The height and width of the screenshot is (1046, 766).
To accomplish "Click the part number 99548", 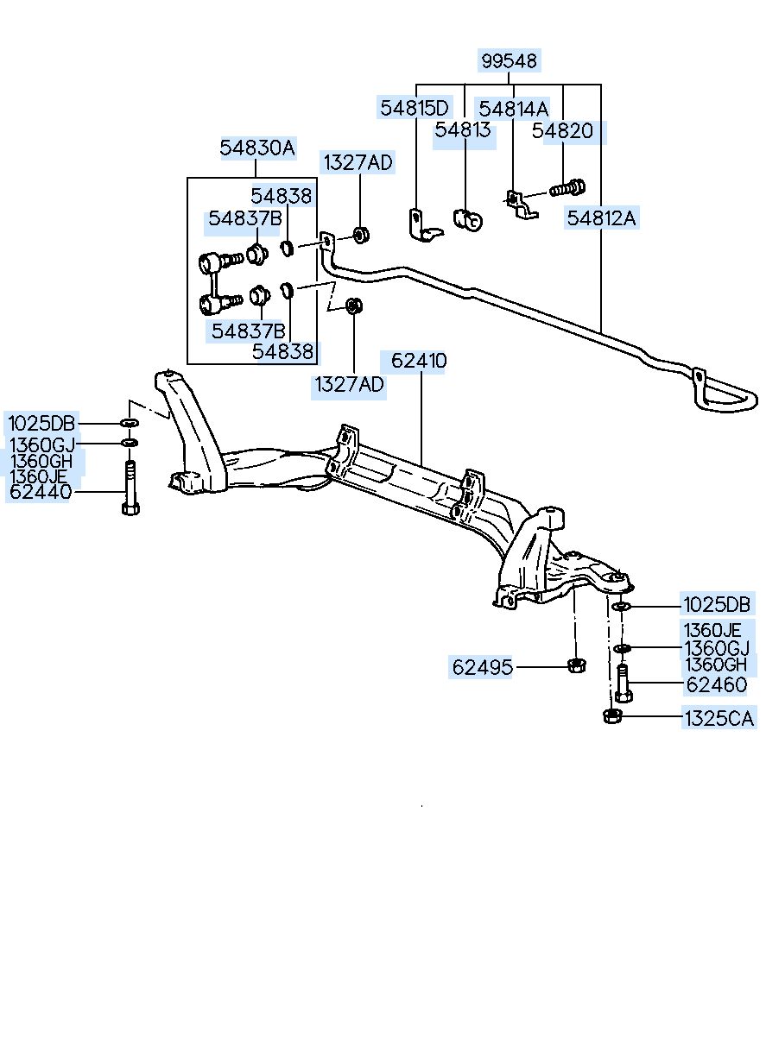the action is click(509, 60).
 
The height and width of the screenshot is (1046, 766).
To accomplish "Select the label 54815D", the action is click(414, 108).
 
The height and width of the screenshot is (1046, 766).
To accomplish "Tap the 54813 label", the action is click(463, 129).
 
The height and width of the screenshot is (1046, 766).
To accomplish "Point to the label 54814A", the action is click(513, 109).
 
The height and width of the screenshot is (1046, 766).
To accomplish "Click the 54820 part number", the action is click(562, 131).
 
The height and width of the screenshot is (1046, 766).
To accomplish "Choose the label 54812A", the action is click(602, 218).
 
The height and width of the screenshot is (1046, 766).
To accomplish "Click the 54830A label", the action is click(257, 148).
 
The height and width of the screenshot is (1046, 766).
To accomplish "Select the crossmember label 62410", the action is click(419, 361).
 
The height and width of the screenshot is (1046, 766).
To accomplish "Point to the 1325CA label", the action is click(719, 719).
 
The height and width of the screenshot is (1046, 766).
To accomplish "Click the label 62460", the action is click(717, 685).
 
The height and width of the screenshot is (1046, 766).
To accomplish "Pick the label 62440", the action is click(41, 492).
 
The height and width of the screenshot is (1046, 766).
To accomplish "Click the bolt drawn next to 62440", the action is click(130, 487).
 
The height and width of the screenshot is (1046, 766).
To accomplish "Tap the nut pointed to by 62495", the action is click(576, 665).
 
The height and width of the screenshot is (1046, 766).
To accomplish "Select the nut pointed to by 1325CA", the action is click(611, 715).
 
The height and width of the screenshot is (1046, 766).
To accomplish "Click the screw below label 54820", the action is click(567, 188).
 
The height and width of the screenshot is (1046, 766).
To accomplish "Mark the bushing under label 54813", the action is click(468, 220).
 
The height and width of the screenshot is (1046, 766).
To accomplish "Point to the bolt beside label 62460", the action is click(624, 683).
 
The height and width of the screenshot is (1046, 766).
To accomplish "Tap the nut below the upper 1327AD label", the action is click(360, 235).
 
